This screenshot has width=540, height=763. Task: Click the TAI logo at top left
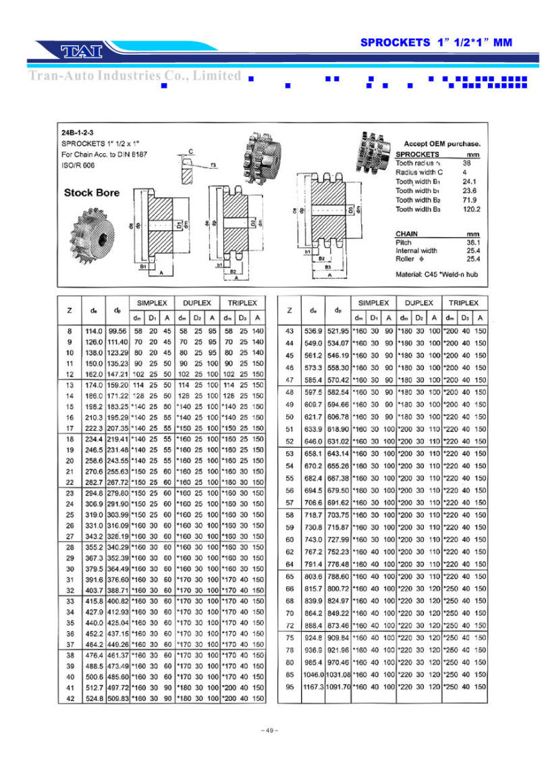pos(81,51)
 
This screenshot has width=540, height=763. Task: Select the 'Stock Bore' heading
pos(91,192)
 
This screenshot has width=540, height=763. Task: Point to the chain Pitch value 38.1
pos(473,242)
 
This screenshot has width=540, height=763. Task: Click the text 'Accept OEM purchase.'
pos(441,144)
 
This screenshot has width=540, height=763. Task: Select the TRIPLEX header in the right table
pos(464,303)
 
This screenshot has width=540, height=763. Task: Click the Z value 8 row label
pos(70,331)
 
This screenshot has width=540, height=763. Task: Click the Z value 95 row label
pos(289,687)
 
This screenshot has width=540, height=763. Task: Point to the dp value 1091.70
pos(337,687)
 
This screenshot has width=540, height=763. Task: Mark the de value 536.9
pos(313,331)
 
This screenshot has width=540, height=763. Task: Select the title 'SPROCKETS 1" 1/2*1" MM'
pos(436,43)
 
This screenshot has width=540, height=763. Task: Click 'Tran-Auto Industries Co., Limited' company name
pos(135,76)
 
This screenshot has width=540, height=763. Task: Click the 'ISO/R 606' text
pos(78,165)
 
